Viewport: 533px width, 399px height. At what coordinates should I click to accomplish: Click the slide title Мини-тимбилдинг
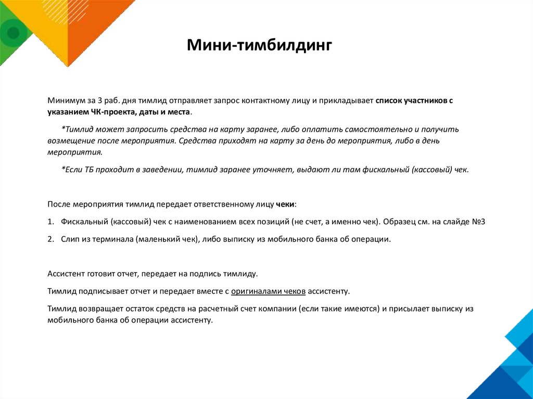click(259, 46)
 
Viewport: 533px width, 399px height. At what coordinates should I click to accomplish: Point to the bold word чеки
click(285, 205)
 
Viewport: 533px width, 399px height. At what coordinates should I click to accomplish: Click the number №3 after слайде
click(478, 222)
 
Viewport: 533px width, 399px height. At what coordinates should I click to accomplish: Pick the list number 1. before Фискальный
click(50, 222)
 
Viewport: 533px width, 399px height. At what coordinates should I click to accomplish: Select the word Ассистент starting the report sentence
click(66, 273)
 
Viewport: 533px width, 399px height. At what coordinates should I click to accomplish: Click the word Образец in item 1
click(399, 222)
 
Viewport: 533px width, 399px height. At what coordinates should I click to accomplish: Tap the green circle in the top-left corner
click(12, 33)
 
